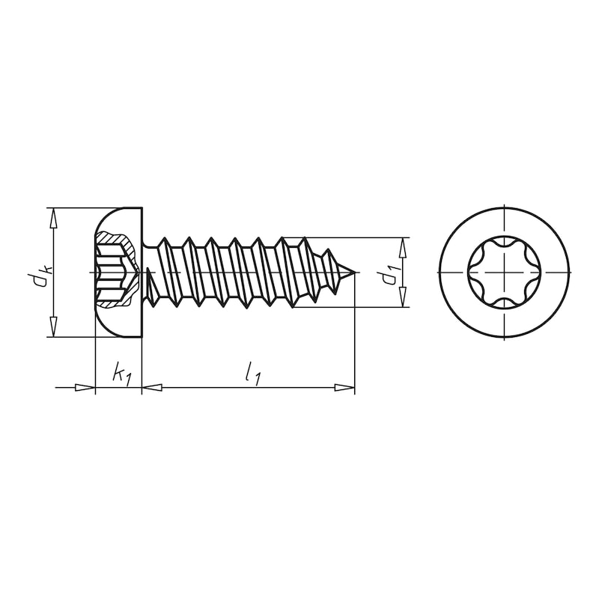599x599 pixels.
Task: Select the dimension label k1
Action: coord(121,373)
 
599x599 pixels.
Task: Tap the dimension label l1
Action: coord(253,373)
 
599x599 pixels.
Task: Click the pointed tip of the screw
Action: coord(355,273)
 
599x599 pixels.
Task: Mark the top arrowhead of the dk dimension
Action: coord(53,219)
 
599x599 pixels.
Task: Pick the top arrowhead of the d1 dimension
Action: coord(402,248)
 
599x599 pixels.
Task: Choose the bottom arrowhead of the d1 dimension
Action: coord(402,297)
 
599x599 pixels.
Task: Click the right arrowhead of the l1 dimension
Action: coord(344,388)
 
